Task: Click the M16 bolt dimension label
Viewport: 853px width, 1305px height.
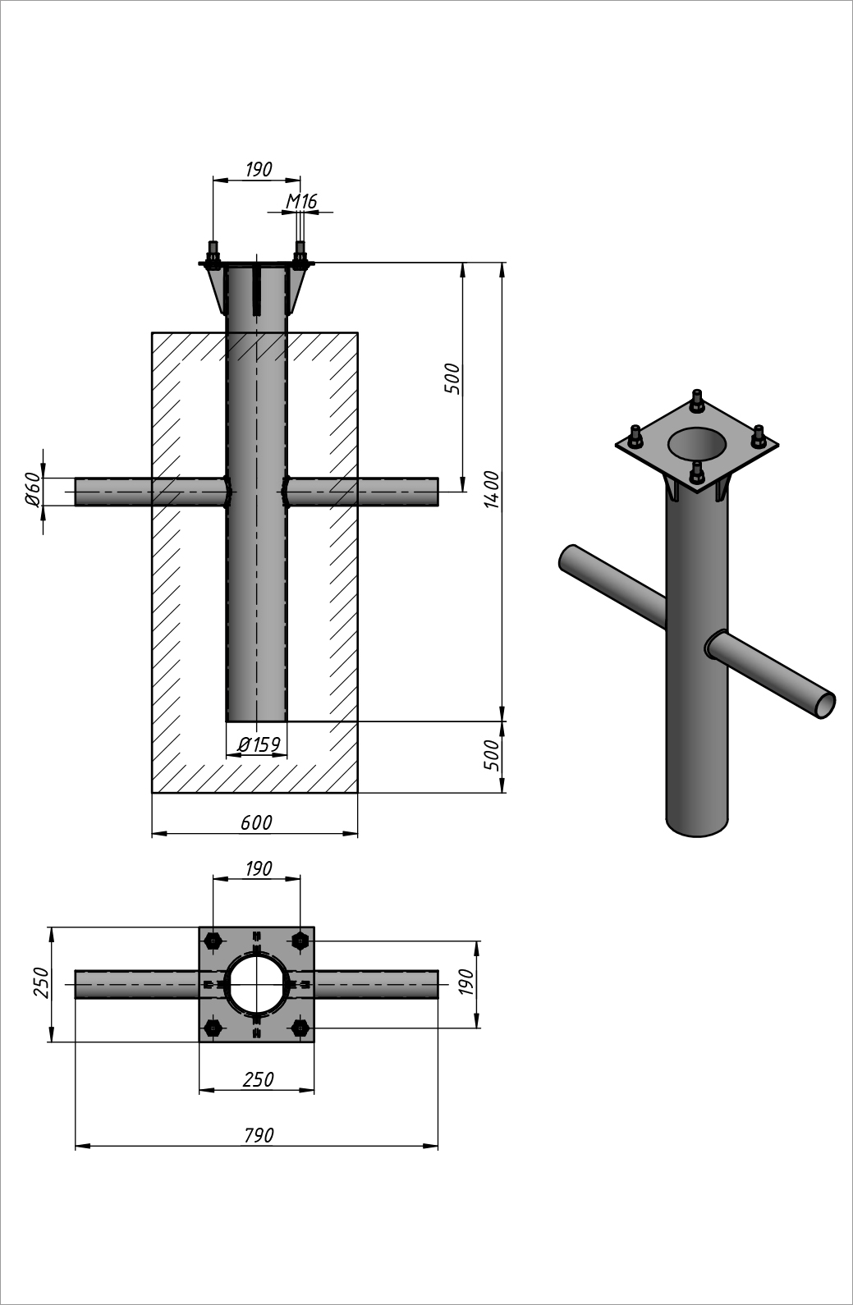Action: pyautogui.click(x=301, y=201)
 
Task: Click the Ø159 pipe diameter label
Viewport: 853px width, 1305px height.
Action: pyautogui.click(x=259, y=744)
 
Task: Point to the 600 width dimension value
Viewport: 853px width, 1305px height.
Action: pyautogui.click(x=256, y=822)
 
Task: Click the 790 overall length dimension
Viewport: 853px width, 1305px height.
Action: pyautogui.click(x=259, y=1135)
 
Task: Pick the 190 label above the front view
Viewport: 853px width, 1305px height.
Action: pyautogui.click(x=258, y=169)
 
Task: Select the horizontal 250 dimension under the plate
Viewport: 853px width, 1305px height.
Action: pyautogui.click(x=258, y=1079)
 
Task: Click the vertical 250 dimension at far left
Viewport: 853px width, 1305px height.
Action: pyautogui.click(x=42, y=983)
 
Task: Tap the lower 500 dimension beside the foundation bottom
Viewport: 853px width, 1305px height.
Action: pyautogui.click(x=491, y=755)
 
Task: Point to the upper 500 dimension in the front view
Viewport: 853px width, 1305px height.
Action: pyautogui.click(x=452, y=379)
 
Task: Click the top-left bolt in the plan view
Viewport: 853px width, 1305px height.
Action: pyautogui.click(x=213, y=941)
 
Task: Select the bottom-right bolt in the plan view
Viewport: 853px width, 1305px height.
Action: pyautogui.click(x=300, y=1028)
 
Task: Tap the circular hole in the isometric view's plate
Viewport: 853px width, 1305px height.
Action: pyautogui.click(x=697, y=444)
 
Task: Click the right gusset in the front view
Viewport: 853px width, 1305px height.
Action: pyautogui.click(x=297, y=289)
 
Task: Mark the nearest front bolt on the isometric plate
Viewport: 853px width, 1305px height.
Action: pyautogui.click(x=697, y=474)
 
